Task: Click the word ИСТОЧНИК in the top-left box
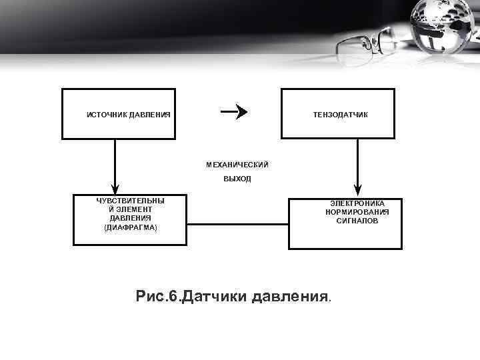[x=107, y=115]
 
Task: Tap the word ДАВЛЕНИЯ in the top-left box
[x=150, y=115]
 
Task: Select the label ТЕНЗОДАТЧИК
[x=341, y=115]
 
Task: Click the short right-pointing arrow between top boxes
[x=234, y=111]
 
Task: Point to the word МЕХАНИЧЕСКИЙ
[x=237, y=164]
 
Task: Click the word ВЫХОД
[x=237, y=179]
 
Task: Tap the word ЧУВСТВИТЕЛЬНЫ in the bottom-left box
[x=131, y=201]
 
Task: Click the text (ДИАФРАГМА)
[x=131, y=227]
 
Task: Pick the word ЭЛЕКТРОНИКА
[x=357, y=203]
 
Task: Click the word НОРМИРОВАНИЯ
[x=357, y=212]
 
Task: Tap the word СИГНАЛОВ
[x=357, y=221]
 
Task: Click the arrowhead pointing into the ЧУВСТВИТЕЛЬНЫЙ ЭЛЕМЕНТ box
[x=115, y=188]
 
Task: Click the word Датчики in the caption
[x=216, y=295]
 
